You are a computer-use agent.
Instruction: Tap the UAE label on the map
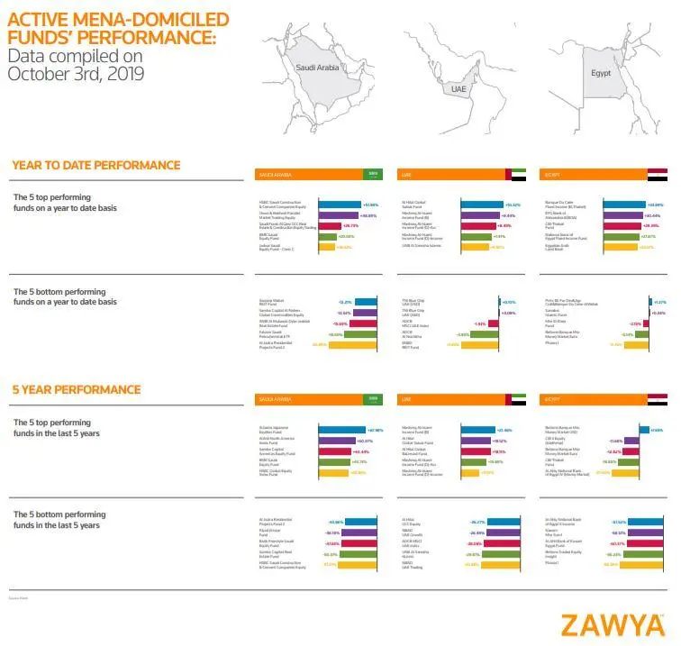coord(459,89)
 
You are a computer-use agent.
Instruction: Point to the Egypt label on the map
coord(600,72)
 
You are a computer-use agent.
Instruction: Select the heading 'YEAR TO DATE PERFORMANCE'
coord(96,165)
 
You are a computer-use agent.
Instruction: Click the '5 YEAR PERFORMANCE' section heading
coord(77,389)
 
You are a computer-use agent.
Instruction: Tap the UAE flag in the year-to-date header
coord(516,174)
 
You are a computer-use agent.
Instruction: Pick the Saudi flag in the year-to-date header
coord(373,174)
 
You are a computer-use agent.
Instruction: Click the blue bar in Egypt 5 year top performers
coord(643,430)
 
